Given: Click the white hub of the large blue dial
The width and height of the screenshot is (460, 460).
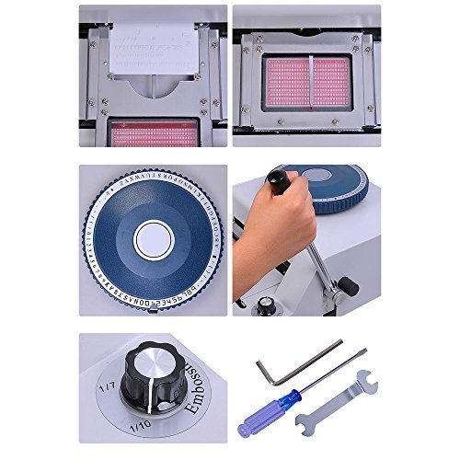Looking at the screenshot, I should coord(153,241).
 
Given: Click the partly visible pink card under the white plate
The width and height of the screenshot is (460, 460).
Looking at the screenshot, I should coord(153,134).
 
